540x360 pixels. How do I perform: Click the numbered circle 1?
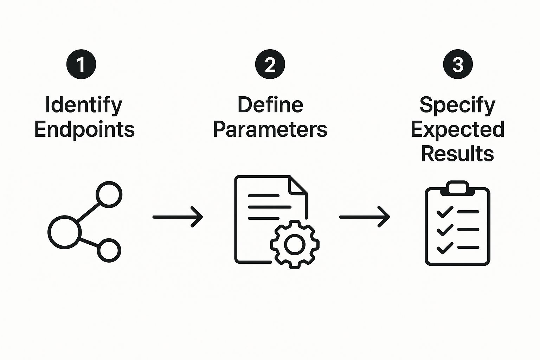point(81,64)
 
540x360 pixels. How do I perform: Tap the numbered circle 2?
point(270,64)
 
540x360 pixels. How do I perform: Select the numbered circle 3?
point(458,64)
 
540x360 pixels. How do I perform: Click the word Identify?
point(84,105)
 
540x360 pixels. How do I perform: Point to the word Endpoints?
point(84,129)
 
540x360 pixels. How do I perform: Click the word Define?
point(270,105)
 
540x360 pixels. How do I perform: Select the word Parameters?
point(270,129)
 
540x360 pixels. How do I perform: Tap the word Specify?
point(457,105)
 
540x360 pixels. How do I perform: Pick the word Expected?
point(457,129)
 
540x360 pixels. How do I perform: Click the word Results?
point(457,154)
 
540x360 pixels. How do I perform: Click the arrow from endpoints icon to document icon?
point(178,217)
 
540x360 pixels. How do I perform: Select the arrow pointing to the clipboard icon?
point(364,217)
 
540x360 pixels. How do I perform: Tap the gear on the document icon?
point(295,244)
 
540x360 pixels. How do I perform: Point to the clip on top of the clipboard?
point(457,187)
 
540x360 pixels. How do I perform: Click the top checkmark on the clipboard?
point(444,212)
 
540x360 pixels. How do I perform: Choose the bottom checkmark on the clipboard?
point(444,248)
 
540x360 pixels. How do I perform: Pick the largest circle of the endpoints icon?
point(64,232)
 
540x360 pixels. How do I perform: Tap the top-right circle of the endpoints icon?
point(109,194)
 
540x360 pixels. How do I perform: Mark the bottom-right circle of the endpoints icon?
point(109,250)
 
